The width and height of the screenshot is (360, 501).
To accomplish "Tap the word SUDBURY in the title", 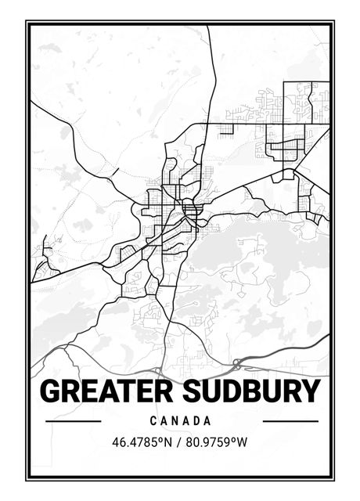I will click(x=254, y=391).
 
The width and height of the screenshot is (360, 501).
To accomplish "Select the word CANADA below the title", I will click(x=181, y=421).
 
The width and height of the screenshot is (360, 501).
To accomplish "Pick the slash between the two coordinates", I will click(x=178, y=442).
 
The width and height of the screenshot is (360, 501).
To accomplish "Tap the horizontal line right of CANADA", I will click(x=290, y=421).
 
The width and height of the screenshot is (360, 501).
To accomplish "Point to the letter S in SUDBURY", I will click(x=197, y=391).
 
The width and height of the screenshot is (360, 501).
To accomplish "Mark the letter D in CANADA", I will click(x=197, y=421).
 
